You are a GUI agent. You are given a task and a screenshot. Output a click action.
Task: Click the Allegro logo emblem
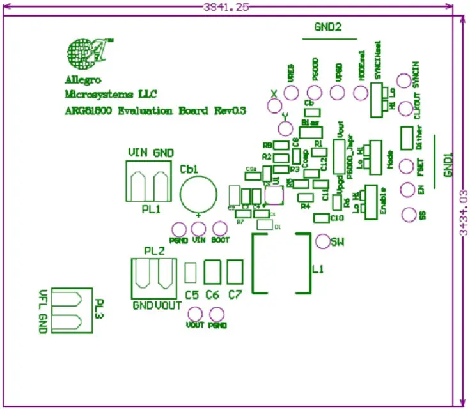pos(88,52)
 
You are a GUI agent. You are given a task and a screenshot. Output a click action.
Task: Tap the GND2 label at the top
pos(327,27)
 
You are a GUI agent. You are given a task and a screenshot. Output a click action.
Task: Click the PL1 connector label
pos(150,209)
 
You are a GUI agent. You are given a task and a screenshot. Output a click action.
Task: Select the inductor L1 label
pos(318,270)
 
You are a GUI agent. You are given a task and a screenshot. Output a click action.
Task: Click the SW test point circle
pos(324,241)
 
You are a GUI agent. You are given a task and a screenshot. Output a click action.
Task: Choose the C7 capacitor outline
pos(235,271)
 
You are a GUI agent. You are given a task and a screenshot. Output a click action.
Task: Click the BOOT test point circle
pos(219,229)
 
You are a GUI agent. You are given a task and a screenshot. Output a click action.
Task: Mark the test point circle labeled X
pos(276,105)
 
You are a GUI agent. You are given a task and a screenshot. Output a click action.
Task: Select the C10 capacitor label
pos(338,218)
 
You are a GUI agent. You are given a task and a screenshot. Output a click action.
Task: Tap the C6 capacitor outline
pos(212,271)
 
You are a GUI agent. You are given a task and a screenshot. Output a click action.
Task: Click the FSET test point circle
pos(405,167)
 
